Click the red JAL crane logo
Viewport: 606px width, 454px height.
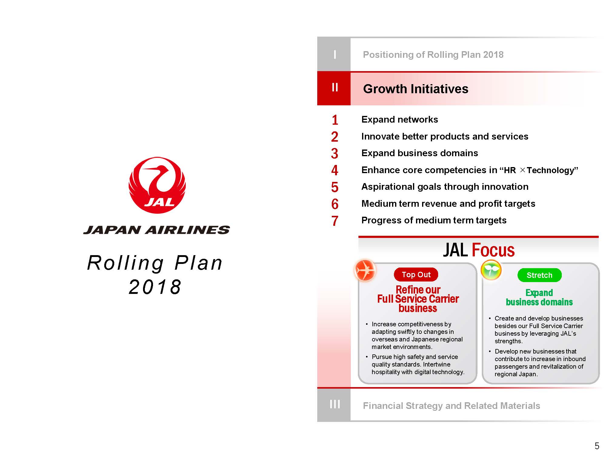pyautogui.click(x=157, y=185)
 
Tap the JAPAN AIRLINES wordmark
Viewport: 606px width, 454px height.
pyautogui.click(x=157, y=230)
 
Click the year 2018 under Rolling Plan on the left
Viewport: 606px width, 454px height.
pyautogui.click(x=155, y=287)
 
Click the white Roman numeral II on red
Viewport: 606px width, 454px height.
pyautogui.click(x=335, y=87)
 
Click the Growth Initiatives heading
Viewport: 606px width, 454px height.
pyautogui.click(x=416, y=89)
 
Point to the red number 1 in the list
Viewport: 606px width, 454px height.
pyautogui.click(x=335, y=120)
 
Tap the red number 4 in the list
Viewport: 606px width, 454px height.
pyautogui.click(x=335, y=170)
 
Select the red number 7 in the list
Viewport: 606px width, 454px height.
pyautogui.click(x=335, y=221)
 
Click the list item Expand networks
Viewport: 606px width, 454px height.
pyautogui.click(x=400, y=120)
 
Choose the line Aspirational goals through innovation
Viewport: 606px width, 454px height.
pyautogui.click(x=445, y=187)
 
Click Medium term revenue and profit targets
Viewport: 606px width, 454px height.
pyautogui.click(x=448, y=204)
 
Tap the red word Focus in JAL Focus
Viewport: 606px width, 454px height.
pyautogui.click(x=493, y=250)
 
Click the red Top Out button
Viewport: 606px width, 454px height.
pyautogui.click(x=416, y=275)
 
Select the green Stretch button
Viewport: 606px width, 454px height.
pyautogui.click(x=539, y=275)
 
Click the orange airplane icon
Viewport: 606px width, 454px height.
pyautogui.click(x=365, y=270)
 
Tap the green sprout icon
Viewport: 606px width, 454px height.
pyautogui.click(x=491, y=270)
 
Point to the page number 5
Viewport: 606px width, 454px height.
pyautogui.click(x=597, y=446)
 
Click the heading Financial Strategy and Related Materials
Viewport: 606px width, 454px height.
pyautogui.click(x=451, y=406)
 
